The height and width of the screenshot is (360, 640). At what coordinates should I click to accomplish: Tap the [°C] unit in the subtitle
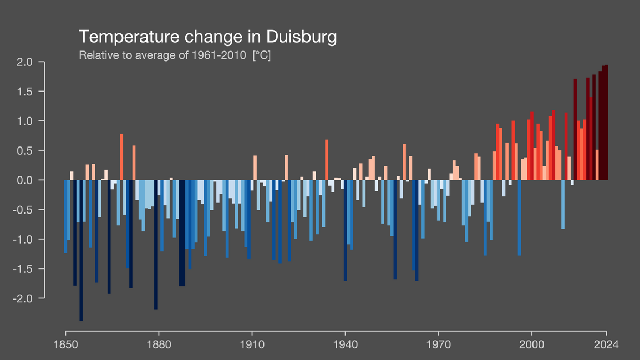tap(261, 55)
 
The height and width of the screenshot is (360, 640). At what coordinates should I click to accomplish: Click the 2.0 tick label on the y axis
tap(39, 62)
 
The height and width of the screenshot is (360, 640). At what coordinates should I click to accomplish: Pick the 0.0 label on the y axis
tap(39, 180)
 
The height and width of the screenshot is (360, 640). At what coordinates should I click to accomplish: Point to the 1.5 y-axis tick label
tap(39, 92)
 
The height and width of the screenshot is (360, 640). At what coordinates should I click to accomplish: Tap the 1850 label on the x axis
tap(65, 343)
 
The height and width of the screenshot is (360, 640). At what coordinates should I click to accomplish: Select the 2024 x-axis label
tap(607, 343)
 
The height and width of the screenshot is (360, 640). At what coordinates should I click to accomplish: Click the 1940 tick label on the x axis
tap(346, 343)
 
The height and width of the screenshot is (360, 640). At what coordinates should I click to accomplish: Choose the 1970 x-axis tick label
tap(439, 343)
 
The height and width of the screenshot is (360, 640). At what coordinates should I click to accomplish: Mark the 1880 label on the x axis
tap(159, 343)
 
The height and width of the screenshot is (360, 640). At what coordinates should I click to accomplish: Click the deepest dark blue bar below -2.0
tap(81, 250)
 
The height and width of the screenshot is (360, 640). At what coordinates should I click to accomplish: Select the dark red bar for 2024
tap(606, 122)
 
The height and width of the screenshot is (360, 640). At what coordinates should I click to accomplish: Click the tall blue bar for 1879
tap(156, 244)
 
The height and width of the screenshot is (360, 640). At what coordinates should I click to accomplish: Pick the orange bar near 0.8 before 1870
tap(121, 156)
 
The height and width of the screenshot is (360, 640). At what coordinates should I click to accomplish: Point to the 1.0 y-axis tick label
tap(39, 121)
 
